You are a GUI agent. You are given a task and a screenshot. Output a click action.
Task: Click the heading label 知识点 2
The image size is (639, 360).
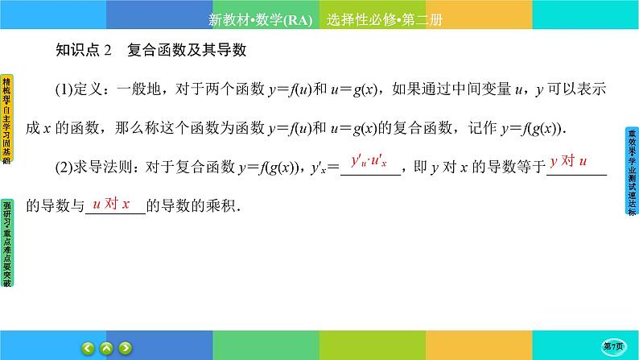pos(83,51)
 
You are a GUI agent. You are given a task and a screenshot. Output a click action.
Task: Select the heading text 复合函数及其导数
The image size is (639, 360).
pos(186,51)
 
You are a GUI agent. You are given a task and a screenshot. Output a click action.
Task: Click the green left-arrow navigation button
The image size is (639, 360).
pos(89,348)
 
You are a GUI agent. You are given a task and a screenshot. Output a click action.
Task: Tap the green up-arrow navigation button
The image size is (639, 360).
pos(107,348)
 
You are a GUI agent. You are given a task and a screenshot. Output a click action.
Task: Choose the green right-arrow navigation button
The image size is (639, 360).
pos(126,348)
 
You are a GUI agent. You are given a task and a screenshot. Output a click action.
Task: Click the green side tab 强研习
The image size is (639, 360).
pos(7,242)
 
